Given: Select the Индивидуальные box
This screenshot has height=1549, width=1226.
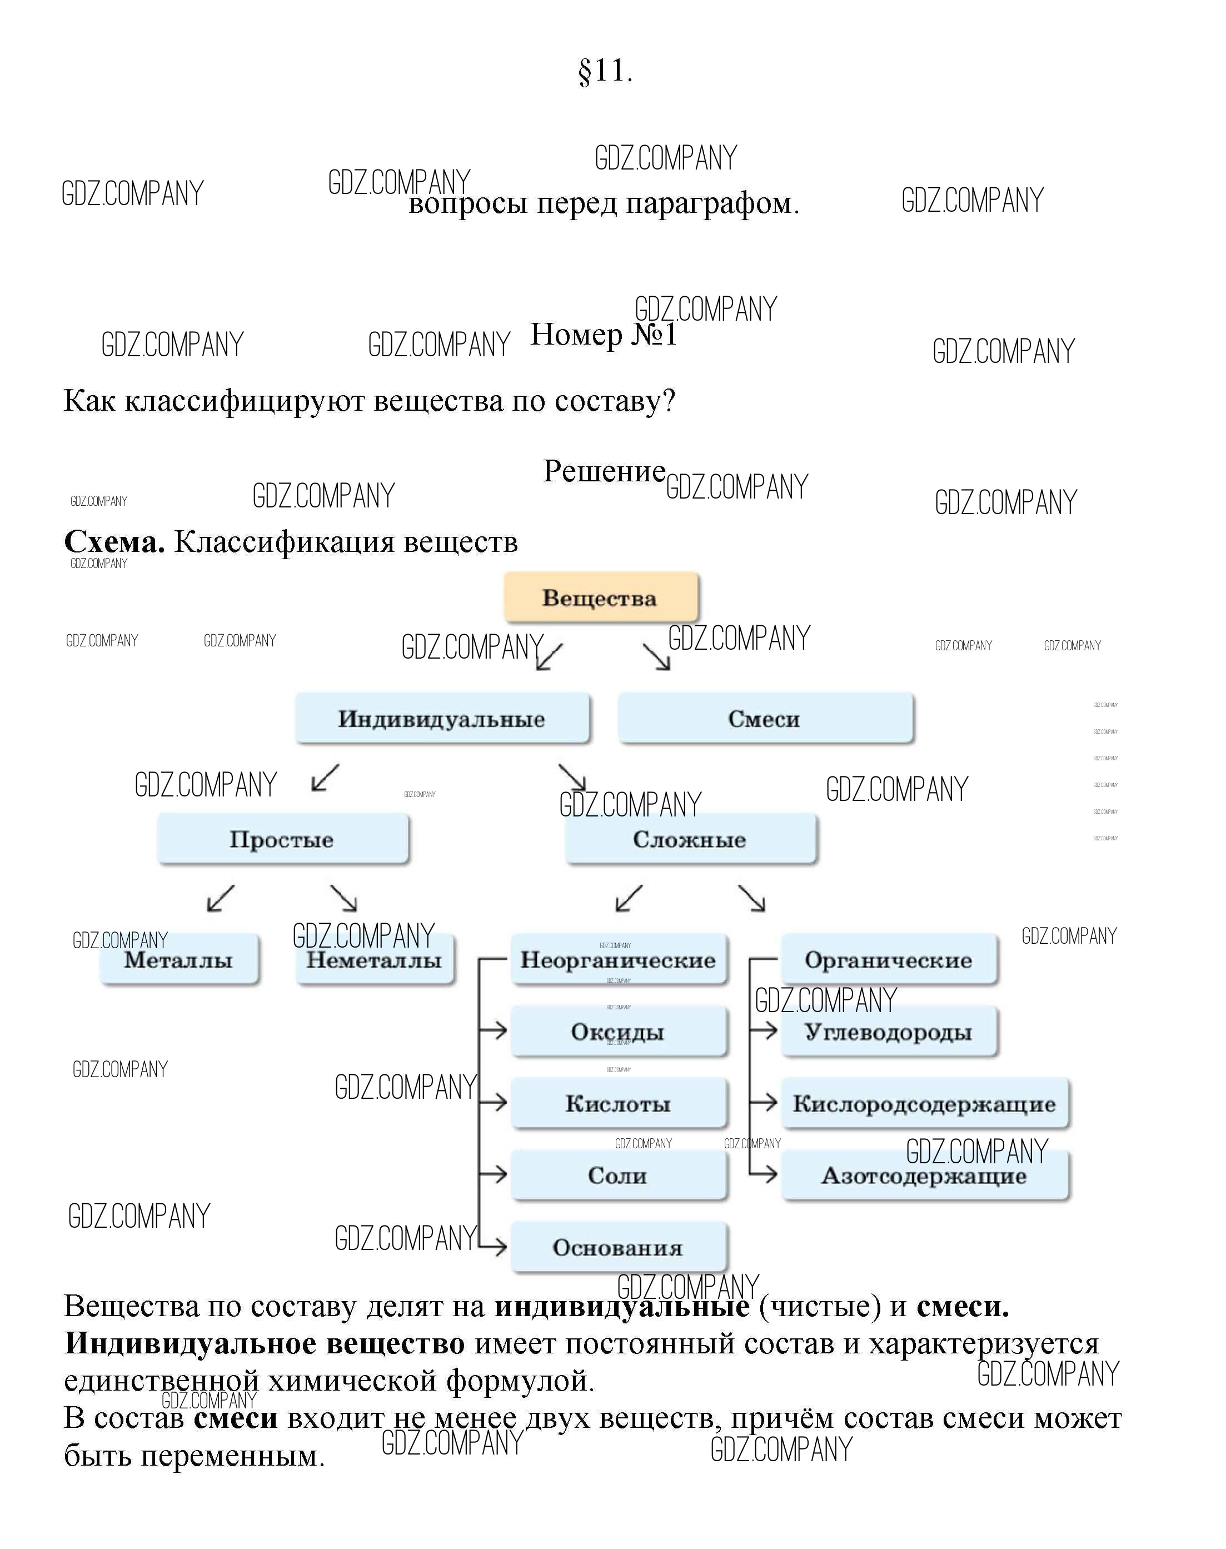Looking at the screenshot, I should pos(442,719).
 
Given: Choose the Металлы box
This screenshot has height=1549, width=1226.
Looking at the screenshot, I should pos(179,960).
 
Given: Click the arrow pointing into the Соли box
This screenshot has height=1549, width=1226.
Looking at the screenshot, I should pos(494,1174).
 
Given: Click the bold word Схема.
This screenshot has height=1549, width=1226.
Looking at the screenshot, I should pos(114,542).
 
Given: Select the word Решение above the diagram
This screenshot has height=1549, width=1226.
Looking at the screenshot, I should pos(604,471).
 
